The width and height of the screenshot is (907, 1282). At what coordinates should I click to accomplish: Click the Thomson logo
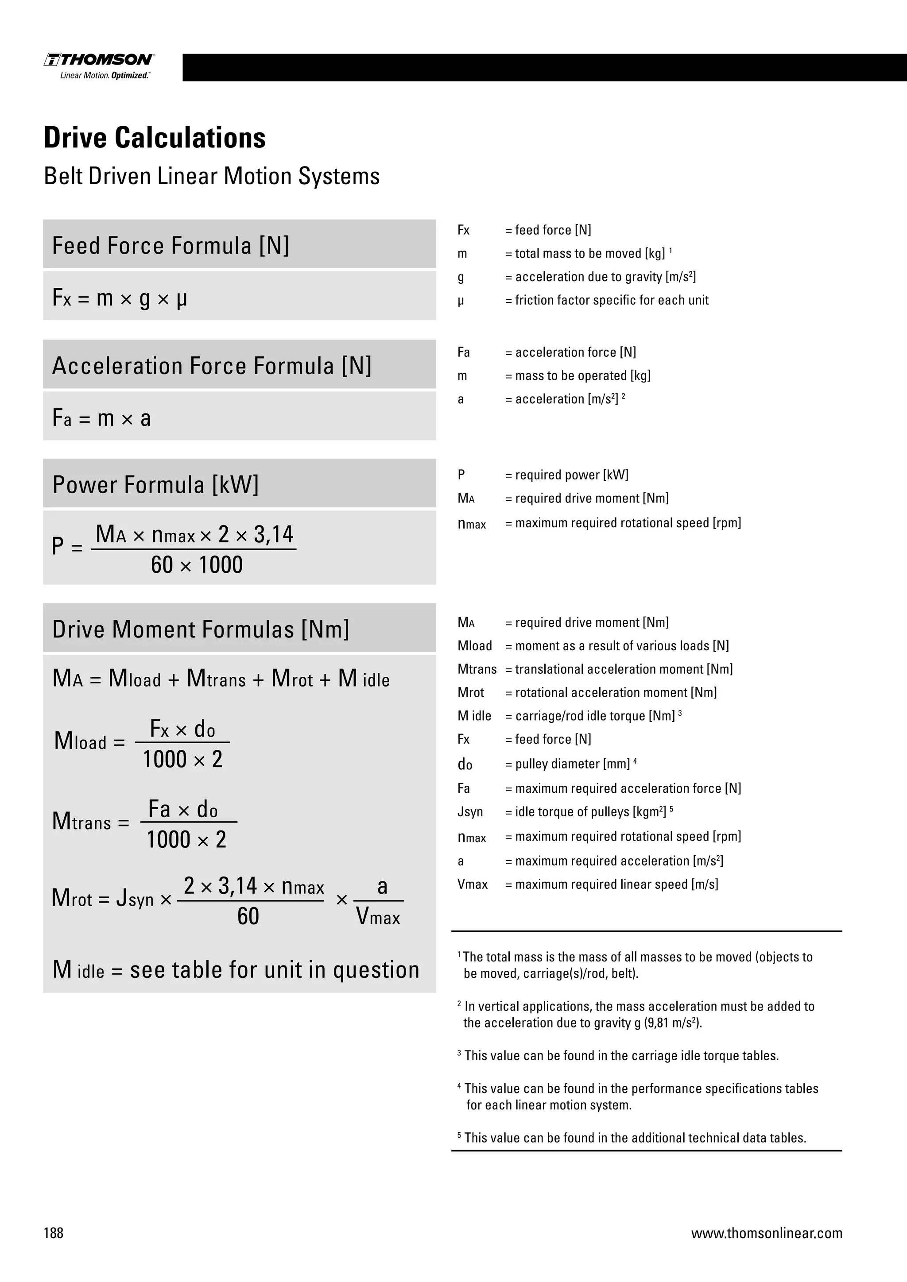point(99,60)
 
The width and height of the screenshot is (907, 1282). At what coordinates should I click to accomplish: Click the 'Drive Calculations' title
point(155,138)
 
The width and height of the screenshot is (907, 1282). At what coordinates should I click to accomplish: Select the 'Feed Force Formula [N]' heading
point(171,246)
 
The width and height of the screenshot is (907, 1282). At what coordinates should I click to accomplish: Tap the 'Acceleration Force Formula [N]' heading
point(212,366)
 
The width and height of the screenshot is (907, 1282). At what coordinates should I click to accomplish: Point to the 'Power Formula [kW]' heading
point(155,485)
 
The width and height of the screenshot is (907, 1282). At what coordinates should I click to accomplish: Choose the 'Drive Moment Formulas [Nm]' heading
point(201,629)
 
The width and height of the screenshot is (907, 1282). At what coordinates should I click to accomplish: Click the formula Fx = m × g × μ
point(120,297)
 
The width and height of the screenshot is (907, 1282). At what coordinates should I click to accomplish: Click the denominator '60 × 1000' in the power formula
point(197,565)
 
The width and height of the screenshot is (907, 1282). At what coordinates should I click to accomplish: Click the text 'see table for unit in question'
point(274,970)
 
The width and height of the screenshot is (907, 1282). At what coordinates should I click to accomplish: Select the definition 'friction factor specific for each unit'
point(612,301)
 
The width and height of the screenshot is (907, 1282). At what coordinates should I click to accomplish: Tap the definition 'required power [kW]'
point(571,475)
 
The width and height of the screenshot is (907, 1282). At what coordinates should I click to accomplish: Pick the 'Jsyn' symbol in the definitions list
point(470,812)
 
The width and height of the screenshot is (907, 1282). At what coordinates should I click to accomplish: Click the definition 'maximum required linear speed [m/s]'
point(616,884)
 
